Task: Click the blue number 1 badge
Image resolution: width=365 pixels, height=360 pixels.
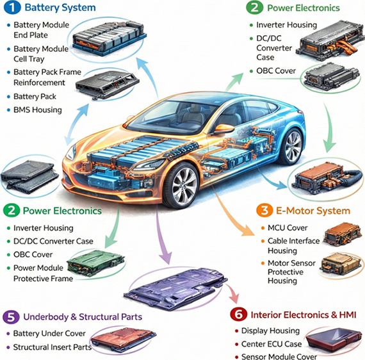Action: point(12,8)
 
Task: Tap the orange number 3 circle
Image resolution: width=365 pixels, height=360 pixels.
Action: point(264,211)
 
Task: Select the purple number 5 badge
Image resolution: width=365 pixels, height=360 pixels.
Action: point(11,317)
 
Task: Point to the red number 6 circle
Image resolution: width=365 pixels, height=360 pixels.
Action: point(238,315)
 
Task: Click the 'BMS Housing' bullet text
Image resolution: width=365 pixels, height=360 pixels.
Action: point(38,110)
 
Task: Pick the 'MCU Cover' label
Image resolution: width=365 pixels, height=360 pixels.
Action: point(288,228)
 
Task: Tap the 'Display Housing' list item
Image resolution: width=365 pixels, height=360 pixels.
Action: point(270,331)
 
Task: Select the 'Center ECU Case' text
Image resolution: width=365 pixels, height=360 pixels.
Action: point(272,344)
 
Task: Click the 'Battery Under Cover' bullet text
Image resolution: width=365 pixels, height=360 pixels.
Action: point(49,334)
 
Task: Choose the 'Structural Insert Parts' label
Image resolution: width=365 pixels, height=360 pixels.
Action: point(53,347)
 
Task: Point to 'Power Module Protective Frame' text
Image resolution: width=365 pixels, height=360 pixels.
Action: point(44,273)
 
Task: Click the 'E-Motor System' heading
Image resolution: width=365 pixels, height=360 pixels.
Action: point(313,211)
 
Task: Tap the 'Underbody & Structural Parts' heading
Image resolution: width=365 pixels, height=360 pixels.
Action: point(83,317)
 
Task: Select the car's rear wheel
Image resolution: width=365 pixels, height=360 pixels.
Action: point(292,147)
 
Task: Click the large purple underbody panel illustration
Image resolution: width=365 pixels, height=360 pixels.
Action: point(175,289)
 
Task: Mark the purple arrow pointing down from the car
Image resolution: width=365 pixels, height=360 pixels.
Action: point(163,235)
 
